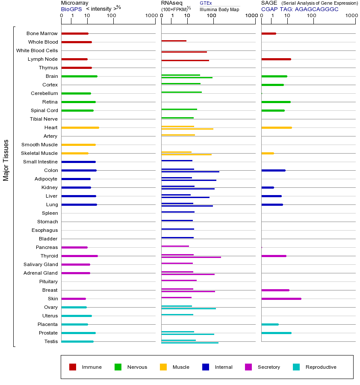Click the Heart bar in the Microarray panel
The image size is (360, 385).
click(80, 127)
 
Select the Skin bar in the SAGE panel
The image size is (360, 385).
click(281, 299)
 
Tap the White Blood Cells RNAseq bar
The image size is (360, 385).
click(184, 52)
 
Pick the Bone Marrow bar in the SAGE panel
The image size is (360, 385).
click(269, 33)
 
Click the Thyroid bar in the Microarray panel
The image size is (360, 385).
click(80, 256)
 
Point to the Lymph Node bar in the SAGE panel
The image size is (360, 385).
click(276, 59)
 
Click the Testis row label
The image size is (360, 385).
click(51, 341)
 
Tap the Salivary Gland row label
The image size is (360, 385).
click(41, 264)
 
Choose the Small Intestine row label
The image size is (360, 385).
click(40, 162)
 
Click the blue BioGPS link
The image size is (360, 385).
click(71, 9)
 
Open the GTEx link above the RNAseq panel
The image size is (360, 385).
click(206, 3)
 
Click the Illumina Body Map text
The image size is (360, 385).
click(219, 9)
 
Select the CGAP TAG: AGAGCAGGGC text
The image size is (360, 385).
click(300, 9)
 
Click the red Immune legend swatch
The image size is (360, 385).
click(73, 367)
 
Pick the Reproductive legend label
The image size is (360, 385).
click(321, 367)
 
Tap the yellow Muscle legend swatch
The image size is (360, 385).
click(163, 367)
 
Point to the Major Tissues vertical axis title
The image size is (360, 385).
click(6, 160)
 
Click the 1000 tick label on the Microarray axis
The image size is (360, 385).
click(150, 16)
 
